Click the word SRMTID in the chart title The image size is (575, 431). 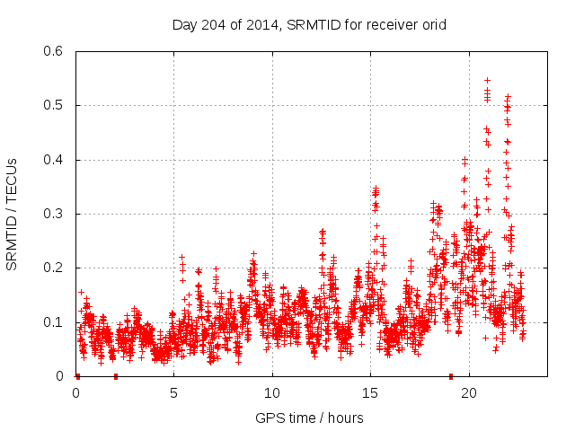(x=308, y=24)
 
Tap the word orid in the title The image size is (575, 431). (x=432, y=24)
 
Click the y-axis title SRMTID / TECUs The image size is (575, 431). (x=12, y=214)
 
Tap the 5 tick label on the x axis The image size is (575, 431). (x=174, y=393)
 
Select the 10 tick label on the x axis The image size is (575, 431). (x=272, y=393)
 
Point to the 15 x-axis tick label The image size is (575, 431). (x=371, y=393)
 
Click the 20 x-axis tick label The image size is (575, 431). (x=469, y=393)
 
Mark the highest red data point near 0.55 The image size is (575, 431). (x=487, y=80)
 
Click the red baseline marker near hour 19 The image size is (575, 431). (x=451, y=376)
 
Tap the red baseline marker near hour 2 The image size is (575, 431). (x=115, y=376)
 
